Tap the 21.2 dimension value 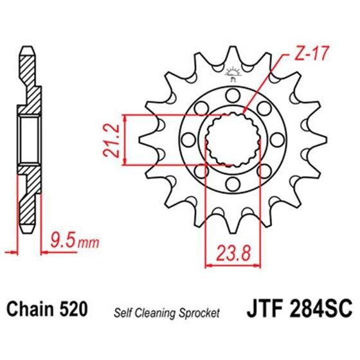[x=111, y=141]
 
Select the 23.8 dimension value [x=233, y=253]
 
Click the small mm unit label [x=89, y=243]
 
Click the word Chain [x=30, y=309]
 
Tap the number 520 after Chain [x=73, y=309]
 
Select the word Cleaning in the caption [x=156, y=313]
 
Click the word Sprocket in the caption [x=199, y=313]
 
